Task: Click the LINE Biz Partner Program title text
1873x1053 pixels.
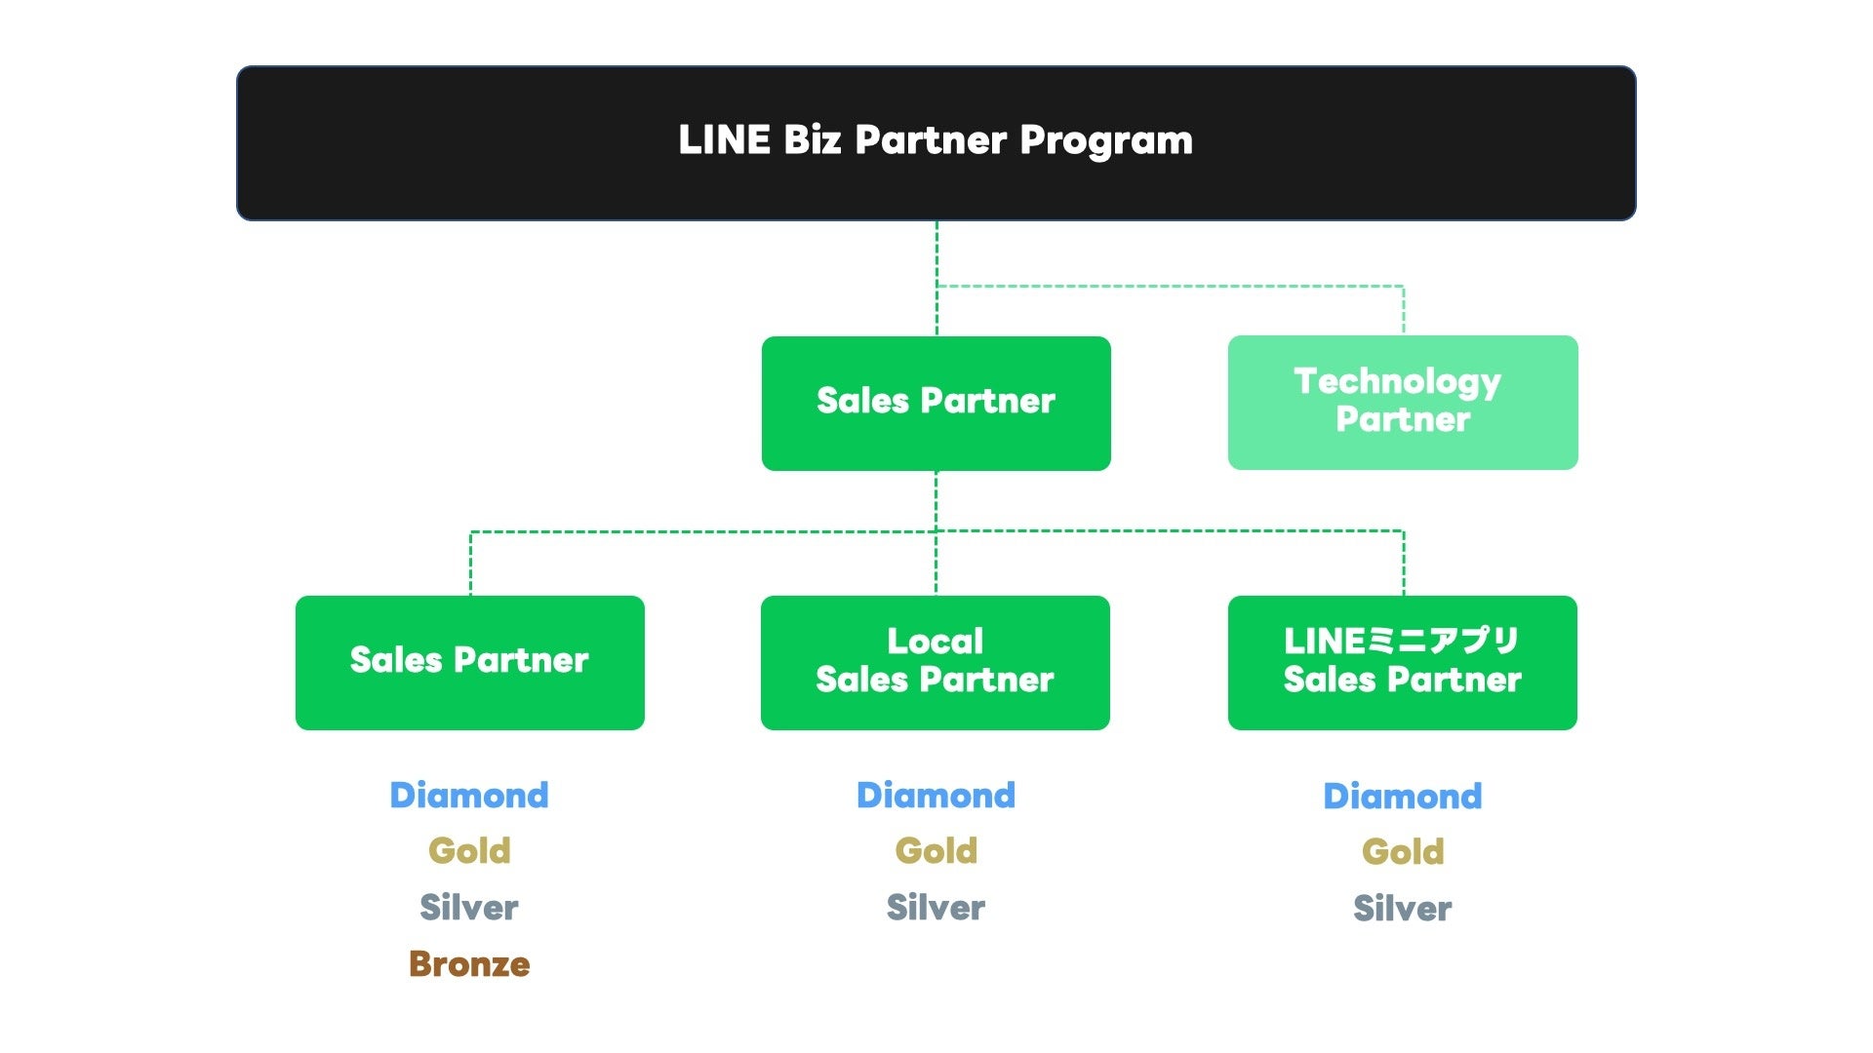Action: (x=935, y=140)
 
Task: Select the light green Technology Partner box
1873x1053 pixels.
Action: (x=1402, y=403)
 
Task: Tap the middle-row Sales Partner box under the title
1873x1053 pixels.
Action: (x=936, y=403)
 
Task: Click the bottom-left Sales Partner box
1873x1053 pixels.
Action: (x=469, y=662)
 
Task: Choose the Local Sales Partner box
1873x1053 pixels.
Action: (x=935, y=662)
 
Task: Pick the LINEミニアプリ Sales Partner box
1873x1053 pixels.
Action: (x=1402, y=662)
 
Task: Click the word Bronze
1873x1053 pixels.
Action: (x=469, y=964)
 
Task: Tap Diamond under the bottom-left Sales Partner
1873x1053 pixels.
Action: (x=469, y=796)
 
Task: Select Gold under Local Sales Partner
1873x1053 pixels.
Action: (x=936, y=851)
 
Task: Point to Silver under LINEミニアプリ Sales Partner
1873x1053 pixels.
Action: (x=1402, y=909)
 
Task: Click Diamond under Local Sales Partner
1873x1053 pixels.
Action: (x=936, y=796)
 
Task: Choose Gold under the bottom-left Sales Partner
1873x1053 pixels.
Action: (x=469, y=851)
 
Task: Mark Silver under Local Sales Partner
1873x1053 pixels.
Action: (x=936, y=908)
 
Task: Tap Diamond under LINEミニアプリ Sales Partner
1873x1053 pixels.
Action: (x=1402, y=797)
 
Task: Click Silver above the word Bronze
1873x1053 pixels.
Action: (x=469, y=908)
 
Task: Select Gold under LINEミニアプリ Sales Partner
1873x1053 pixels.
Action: (x=1402, y=852)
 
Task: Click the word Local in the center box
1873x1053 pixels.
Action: (x=935, y=642)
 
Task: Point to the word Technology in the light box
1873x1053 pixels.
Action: (x=1397, y=381)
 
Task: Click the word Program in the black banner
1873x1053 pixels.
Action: (x=1105, y=140)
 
